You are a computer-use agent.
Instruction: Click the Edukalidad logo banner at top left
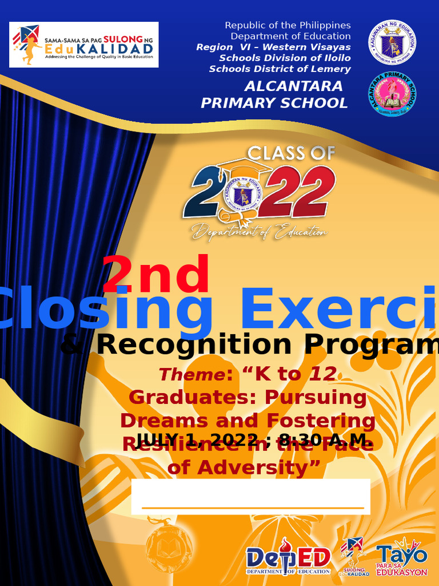(85, 45)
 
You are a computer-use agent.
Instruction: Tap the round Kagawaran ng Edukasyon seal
(392, 43)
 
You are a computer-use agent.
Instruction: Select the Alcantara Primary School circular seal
(392, 94)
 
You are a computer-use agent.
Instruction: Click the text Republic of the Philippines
(288, 25)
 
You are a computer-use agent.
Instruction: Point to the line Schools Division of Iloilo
(285, 58)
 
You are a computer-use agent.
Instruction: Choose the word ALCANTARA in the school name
(293, 86)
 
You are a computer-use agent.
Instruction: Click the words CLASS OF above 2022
(291, 153)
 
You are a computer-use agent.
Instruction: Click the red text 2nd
(155, 275)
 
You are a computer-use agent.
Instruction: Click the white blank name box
(250, 496)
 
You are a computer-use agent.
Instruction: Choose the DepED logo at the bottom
(289, 559)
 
